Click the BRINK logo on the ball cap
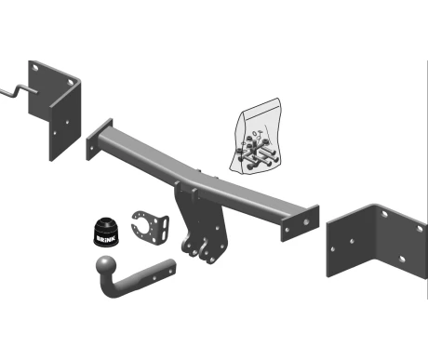coord(106,239)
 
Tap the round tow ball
coord(106,266)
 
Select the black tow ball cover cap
coord(106,233)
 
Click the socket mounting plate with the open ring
coord(150,227)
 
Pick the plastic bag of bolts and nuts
coord(256,137)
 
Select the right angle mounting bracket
coord(377,241)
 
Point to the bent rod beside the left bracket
coord(17,91)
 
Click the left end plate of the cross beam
coord(99,139)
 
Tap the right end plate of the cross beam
coord(300,223)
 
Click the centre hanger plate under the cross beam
coord(202,222)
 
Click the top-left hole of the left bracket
coord(35,67)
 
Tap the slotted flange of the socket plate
coord(165,229)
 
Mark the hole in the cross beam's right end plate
coord(306,222)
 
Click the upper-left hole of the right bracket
coord(384,214)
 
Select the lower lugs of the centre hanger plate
coord(199,250)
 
